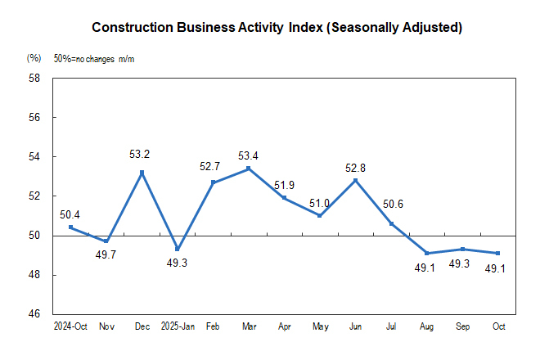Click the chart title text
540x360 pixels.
tap(277, 28)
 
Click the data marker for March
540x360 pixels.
tap(249, 169)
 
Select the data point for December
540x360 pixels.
tap(142, 173)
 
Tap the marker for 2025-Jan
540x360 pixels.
tap(178, 250)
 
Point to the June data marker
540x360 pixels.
tap(355, 180)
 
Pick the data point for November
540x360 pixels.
tap(106, 241)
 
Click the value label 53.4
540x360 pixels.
tap(249, 155)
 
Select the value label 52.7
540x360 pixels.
tap(212, 167)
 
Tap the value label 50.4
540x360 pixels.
tap(70, 215)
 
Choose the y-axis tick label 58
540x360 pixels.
tap(34, 79)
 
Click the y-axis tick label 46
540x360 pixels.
tap(34, 314)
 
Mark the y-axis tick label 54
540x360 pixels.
tap(34, 157)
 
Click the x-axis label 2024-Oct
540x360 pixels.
tap(71, 326)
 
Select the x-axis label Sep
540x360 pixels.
tap(461, 326)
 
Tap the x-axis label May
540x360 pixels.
tap(320, 326)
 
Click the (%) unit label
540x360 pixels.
tap(34, 58)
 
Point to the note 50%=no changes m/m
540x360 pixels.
tap(93, 58)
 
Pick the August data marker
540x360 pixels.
tap(426, 253)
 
